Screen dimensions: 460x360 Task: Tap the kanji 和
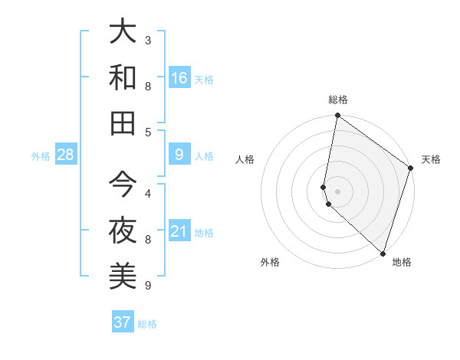[x=123, y=78]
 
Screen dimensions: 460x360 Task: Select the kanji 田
[x=123, y=122]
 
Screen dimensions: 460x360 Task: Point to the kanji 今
[x=123, y=185]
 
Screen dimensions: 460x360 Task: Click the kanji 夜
[x=123, y=230]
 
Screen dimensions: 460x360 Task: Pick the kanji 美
[x=123, y=274]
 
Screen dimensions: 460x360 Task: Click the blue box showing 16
[x=179, y=77]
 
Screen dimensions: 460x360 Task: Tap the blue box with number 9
[x=179, y=155]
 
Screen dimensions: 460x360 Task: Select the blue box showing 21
[x=179, y=231]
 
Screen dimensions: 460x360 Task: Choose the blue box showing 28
[x=66, y=155]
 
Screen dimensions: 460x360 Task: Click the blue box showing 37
[x=123, y=322]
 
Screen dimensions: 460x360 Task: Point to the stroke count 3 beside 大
[x=148, y=40]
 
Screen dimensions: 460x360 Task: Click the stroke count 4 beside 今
[x=148, y=193]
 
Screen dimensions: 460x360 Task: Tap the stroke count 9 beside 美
[x=148, y=286]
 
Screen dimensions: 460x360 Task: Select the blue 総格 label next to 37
[x=147, y=324]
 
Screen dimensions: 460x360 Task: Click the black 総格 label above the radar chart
[x=338, y=100]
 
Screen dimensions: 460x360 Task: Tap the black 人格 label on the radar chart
[x=245, y=159]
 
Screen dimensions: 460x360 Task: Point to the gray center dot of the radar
[x=338, y=191]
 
